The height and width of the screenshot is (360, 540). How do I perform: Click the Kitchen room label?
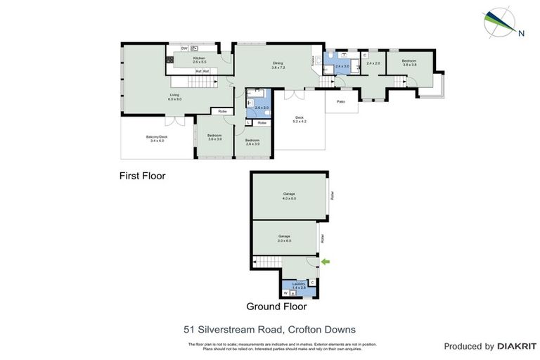[199, 59]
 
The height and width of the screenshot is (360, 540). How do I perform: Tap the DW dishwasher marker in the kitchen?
[184, 48]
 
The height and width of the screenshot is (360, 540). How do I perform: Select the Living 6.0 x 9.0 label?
[174, 97]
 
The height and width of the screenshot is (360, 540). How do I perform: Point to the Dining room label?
[278, 65]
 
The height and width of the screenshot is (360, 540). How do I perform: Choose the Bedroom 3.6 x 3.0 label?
[214, 137]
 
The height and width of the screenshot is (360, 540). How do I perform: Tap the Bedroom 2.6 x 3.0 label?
[252, 142]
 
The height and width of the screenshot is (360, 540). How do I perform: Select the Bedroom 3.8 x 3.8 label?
[409, 63]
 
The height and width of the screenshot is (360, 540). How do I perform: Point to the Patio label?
[341, 102]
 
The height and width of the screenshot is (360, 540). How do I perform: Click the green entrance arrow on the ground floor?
[325, 262]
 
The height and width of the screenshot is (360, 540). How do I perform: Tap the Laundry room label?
[299, 285]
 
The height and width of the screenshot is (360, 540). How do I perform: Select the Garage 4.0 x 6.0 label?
[289, 195]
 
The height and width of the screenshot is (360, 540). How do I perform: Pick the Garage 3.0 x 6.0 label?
[284, 238]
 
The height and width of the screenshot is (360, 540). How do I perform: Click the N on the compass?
[521, 32]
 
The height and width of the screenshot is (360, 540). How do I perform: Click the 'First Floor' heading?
[142, 176]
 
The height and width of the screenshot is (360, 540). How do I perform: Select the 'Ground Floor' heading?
[276, 307]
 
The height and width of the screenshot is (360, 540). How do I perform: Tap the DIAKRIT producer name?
[517, 346]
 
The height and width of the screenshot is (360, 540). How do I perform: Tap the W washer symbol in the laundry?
[285, 292]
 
